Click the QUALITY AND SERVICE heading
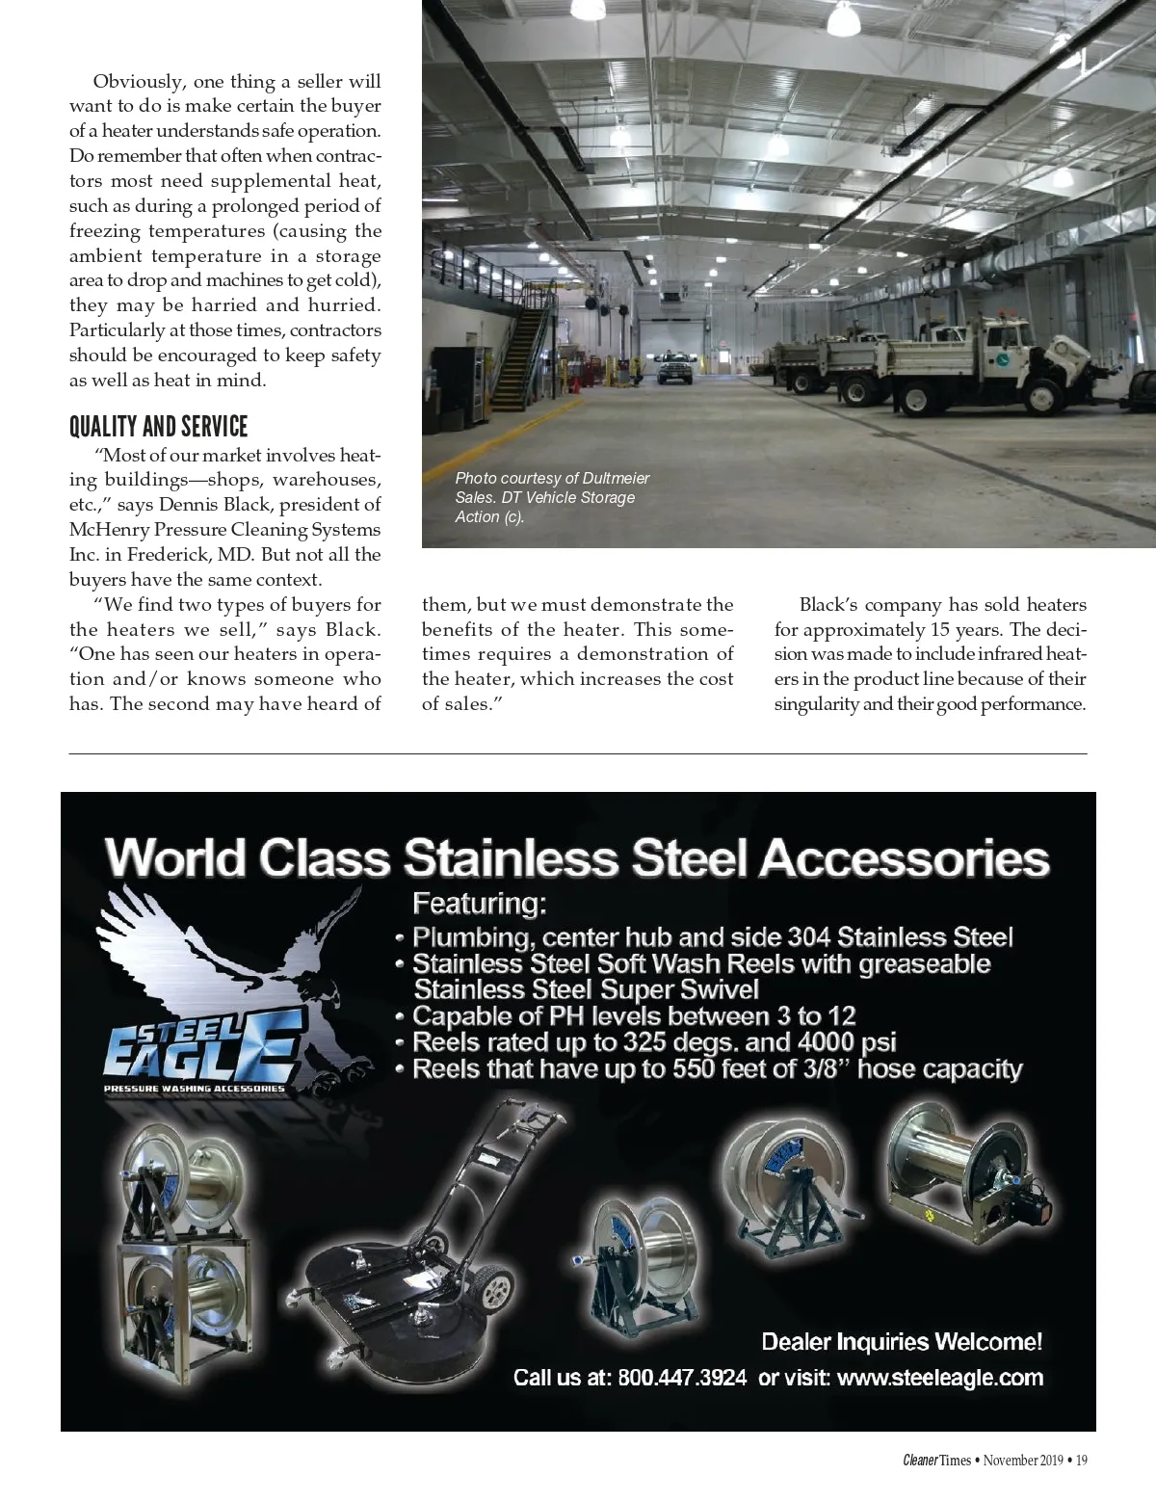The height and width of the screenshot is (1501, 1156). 158,427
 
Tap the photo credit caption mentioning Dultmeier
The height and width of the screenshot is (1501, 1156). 552,497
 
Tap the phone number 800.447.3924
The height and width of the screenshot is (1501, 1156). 681,1378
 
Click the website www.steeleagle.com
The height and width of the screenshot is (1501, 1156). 940,1378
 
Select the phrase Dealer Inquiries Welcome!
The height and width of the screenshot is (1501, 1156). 902,1342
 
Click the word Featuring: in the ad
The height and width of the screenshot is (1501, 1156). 479,904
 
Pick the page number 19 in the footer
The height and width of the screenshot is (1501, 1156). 1082,1461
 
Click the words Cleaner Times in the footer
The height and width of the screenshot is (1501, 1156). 936,1461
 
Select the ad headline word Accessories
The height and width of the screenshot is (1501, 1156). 904,857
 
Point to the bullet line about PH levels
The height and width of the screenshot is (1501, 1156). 633,1016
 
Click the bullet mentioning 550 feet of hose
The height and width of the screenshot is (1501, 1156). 717,1069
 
